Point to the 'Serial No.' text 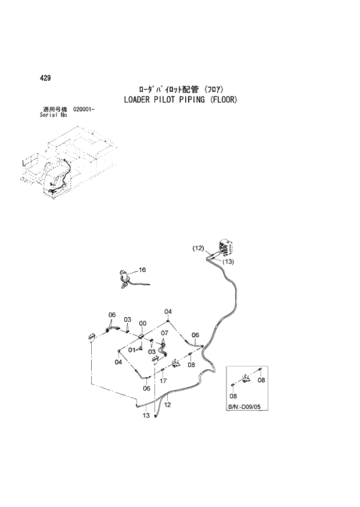pyautogui.click(x=52, y=115)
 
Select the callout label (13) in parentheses pyautogui.click(x=228, y=262)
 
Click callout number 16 pyautogui.click(x=142, y=269)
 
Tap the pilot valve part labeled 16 pyautogui.click(x=124, y=279)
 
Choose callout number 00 pyautogui.click(x=142, y=323)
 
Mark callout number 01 pyautogui.click(x=132, y=350)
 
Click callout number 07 pyautogui.click(x=164, y=333)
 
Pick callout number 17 pyautogui.click(x=164, y=381)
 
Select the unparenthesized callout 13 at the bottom pyautogui.click(x=146, y=415)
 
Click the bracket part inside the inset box pyautogui.click(x=247, y=378)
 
